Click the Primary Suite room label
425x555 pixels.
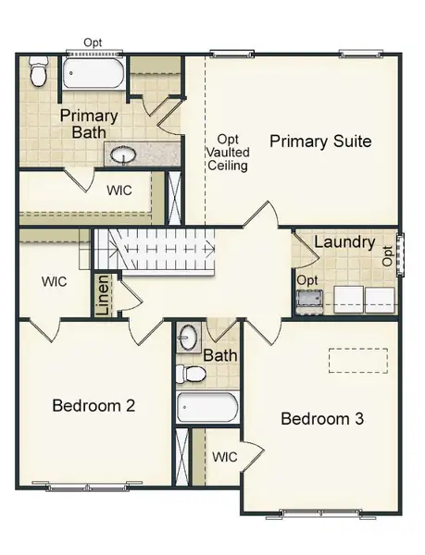point(320,142)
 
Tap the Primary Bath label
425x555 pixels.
point(89,125)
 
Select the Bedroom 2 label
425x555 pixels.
point(94,405)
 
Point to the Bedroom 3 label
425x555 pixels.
point(321,419)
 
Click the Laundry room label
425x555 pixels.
point(344,243)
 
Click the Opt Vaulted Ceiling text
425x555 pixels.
point(227,152)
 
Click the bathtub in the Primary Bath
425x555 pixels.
point(94,73)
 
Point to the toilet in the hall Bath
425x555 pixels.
point(193,374)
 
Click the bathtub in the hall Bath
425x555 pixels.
point(206,407)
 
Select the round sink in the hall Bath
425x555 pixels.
point(188,336)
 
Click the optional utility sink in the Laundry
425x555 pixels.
point(309,298)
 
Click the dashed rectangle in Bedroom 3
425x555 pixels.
point(357,359)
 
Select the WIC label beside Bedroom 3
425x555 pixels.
point(225,457)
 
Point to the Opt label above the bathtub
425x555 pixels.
point(93,43)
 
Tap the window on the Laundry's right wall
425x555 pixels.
point(401,256)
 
